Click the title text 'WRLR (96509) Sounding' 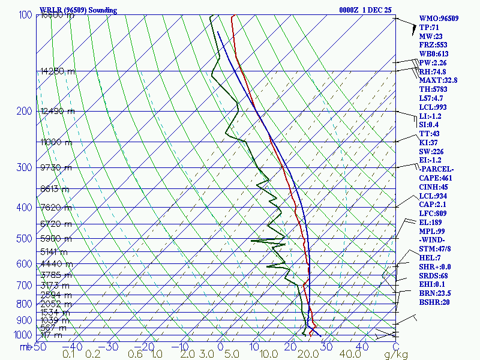78,10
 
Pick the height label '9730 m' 56,167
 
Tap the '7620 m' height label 56,208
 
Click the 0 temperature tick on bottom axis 220,347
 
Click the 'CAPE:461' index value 436,178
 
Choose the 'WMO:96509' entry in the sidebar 439,19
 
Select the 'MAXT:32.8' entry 438,80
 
